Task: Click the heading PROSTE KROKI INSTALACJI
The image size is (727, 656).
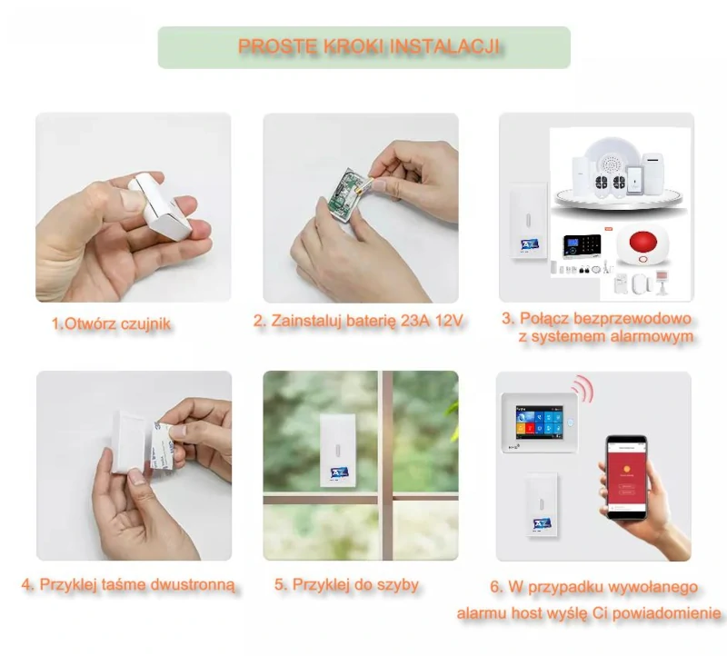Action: [x=369, y=46]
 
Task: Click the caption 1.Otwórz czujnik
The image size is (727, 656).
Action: [x=111, y=323]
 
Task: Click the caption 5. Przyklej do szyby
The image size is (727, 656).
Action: [x=346, y=584]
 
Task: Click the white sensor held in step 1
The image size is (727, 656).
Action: [x=157, y=204]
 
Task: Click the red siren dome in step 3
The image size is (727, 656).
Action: [x=642, y=245]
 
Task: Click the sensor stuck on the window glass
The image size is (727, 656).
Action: [x=338, y=451]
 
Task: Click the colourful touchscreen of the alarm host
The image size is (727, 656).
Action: [x=539, y=421]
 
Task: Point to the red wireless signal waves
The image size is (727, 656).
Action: [x=583, y=390]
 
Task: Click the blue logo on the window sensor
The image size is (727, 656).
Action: [x=338, y=472]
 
